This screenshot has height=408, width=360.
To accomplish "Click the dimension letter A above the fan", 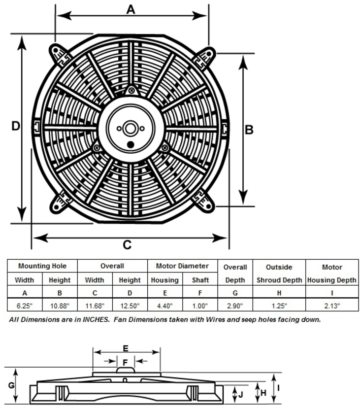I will pyautogui.click(x=131, y=9).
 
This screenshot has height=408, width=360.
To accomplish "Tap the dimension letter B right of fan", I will pyautogui.click(x=249, y=130).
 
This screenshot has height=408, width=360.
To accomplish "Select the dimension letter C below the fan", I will pyautogui.click(x=127, y=245).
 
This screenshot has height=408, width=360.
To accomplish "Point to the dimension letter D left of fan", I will pyautogui.click(x=16, y=126).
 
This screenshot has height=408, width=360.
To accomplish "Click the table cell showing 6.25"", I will pyautogui.click(x=25, y=306).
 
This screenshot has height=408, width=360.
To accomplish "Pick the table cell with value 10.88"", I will pyautogui.click(x=60, y=306).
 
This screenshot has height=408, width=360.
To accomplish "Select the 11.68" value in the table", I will pyautogui.click(x=95, y=306).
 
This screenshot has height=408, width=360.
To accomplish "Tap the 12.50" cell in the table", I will pyautogui.click(x=130, y=306).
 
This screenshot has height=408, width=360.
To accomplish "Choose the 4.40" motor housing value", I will pyautogui.click(x=165, y=306).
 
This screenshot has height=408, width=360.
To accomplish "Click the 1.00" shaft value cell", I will pyautogui.click(x=200, y=306).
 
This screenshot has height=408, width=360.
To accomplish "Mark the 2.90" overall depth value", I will pyautogui.click(x=235, y=306).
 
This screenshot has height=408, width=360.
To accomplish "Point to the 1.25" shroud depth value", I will pyautogui.click(x=279, y=306).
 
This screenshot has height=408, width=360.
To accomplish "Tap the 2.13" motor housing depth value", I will pyautogui.click(x=332, y=306).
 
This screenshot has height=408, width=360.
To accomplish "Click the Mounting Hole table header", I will pyautogui.click(x=42, y=266).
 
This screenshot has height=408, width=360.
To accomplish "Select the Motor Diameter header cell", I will pyautogui.click(x=182, y=266).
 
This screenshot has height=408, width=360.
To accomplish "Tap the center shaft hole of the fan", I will pyautogui.click(x=130, y=129).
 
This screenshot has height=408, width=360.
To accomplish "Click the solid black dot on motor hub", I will pyautogui.click(x=131, y=144).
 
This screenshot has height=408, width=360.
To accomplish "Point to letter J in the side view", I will pyautogui.click(x=240, y=394).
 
